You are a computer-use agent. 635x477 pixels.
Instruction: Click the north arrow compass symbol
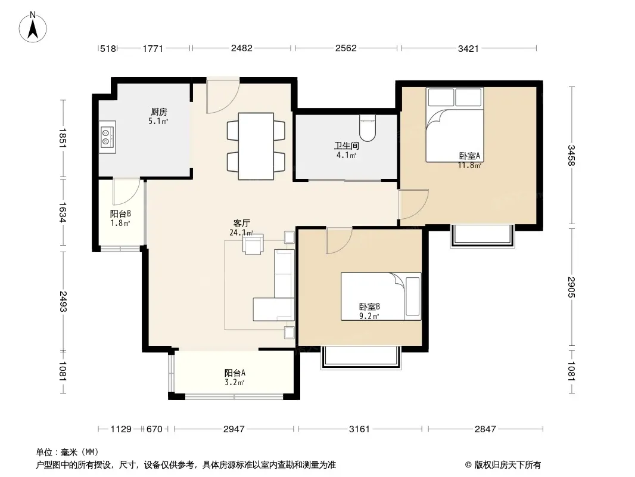pyautogui.click(x=33, y=27)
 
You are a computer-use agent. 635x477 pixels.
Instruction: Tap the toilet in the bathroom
pyautogui.click(x=368, y=127)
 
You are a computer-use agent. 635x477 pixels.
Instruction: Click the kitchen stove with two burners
pyautogui.click(x=108, y=137)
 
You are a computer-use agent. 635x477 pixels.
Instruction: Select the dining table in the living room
pyautogui.click(x=256, y=146)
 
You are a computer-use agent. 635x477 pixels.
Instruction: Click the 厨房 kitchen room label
pyautogui.click(x=158, y=111)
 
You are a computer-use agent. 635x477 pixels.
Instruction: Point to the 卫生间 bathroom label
pyautogui.click(x=346, y=145)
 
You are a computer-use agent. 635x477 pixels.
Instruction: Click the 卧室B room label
pyautogui.click(x=369, y=307)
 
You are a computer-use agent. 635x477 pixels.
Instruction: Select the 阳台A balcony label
pyautogui.click(x=235, y=373)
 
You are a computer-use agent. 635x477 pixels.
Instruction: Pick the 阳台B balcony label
pyautogui.click(x=120, y=213)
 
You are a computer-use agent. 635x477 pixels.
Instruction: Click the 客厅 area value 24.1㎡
pyautogui.click(x=241, y=233)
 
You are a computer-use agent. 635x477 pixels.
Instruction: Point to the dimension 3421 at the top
pyautogui.click(x=468, y=49)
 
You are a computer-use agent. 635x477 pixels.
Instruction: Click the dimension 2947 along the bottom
pyautogui.click(x=234, y=429)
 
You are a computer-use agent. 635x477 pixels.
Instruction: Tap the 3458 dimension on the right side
pyautogui.click(x=571, y=155)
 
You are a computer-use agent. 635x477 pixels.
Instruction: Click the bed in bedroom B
pyautogui.click(x=381, y=296)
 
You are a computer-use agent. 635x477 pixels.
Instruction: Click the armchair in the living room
pyautogui.click(x=253, y=244)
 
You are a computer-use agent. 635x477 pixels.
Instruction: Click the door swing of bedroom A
pyautogui.click(x=413, y=204)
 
